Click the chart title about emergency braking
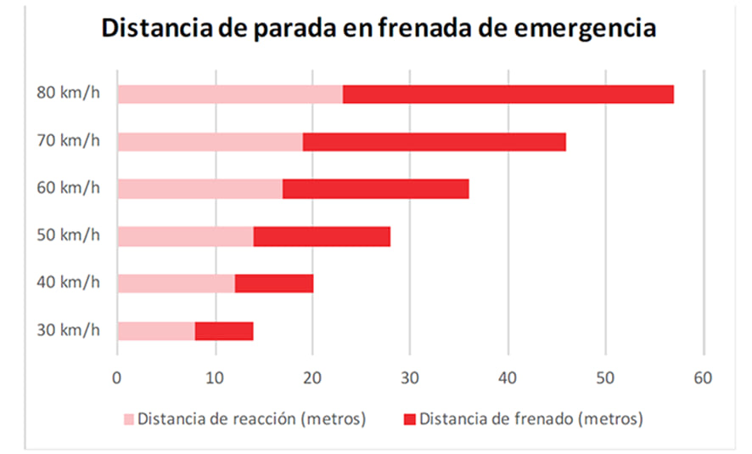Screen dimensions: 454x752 (379, 28)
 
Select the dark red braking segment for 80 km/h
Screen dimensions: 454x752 (508, 94)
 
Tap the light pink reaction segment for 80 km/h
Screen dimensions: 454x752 (229, 94)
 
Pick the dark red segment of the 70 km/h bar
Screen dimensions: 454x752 (434, 142)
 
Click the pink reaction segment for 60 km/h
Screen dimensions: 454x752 (199, 189)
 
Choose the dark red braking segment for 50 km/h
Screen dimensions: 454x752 (321, 236)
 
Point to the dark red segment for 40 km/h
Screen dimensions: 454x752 (273, 283)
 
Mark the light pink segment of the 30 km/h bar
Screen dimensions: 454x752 (156, 331)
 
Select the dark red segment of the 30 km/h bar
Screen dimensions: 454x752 (224, 331)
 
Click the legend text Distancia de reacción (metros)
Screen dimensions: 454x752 (251, 418)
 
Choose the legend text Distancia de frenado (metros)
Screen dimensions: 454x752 (531, 418)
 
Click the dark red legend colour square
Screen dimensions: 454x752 (409, 419)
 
